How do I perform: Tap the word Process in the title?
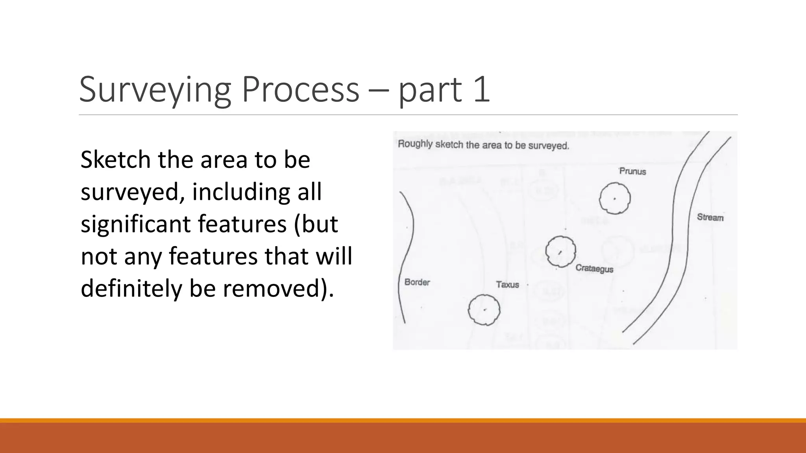tap(300, 90)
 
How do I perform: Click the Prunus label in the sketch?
tap(632, 171)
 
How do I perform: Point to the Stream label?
tap(710, 217)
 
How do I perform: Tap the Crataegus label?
tap(594, 269)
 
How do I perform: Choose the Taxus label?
tap(507, 284)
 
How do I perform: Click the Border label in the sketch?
tap(417, 282)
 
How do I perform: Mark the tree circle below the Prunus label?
tap(615, 199)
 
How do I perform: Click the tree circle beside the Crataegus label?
tap(560, 252)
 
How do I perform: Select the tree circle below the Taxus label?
tap(484, 310)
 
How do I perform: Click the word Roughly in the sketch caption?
tap(415, 144)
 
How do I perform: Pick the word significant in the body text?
tap(136, 224)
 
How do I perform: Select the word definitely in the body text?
tap(131, 288)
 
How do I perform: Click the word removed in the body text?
tap(274, 288)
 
